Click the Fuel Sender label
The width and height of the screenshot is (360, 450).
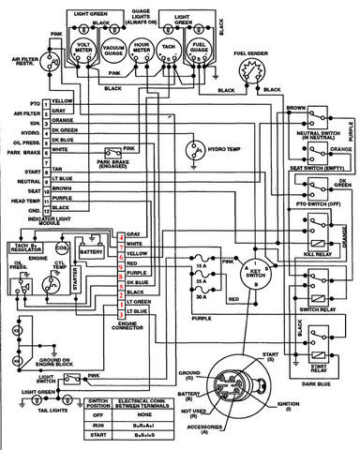[252, 55]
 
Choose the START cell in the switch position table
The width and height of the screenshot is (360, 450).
[97, 435]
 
